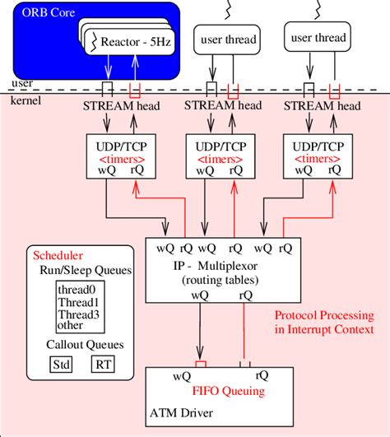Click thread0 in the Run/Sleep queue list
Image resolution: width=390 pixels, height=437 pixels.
tap(78, 290)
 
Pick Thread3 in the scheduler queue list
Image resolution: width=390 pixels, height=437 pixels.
tap(78, 314)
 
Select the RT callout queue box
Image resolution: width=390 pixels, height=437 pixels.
tap(101, 363)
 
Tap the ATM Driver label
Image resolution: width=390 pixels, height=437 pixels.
tap(185, 418)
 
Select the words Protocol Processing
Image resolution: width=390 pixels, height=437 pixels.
tap(323, 314)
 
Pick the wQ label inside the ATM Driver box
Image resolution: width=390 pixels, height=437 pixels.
tap(183, 378)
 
